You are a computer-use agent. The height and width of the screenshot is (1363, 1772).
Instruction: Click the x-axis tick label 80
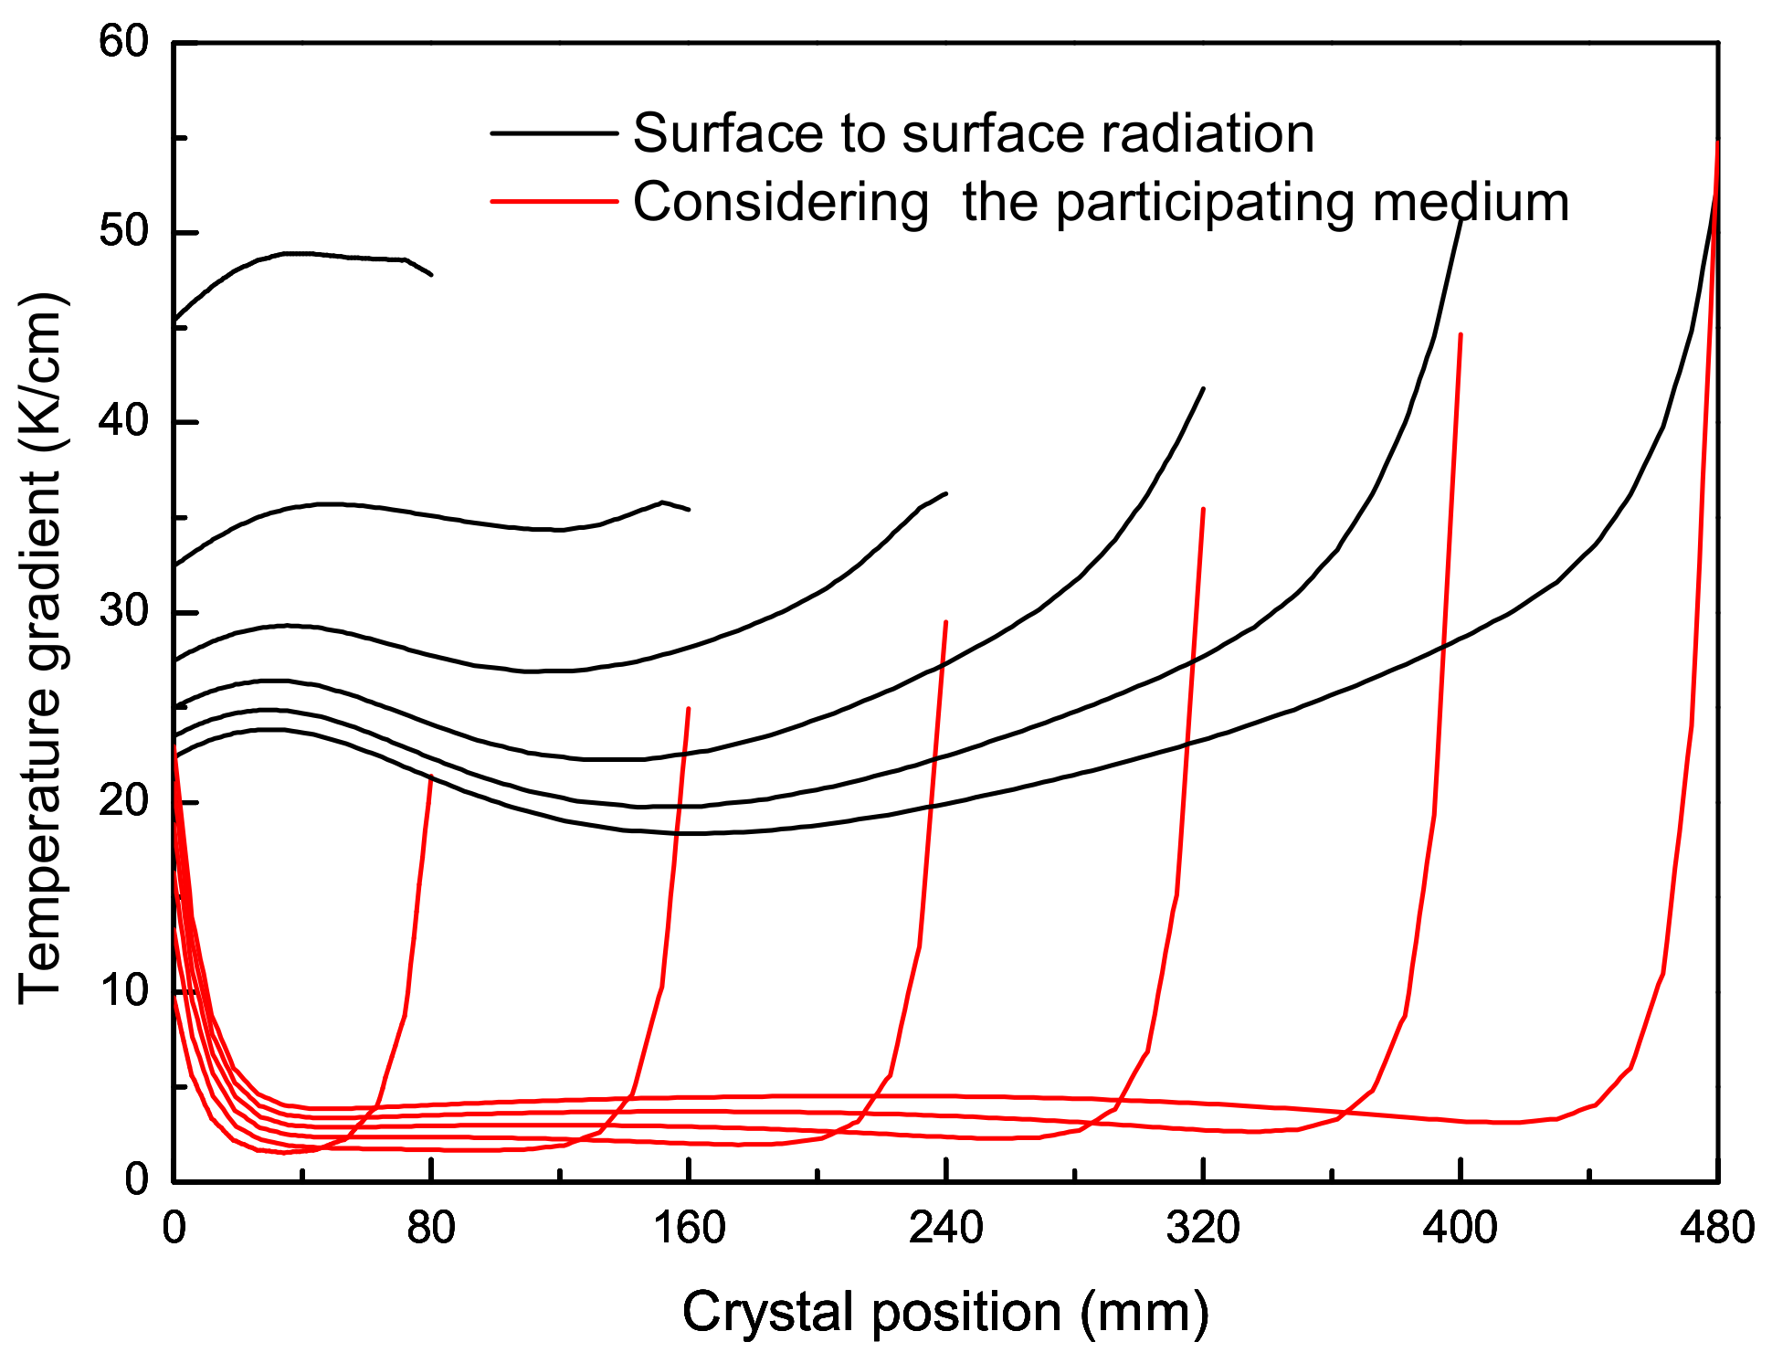point(431,1227)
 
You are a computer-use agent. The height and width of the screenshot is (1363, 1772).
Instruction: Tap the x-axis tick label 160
point(689,1227)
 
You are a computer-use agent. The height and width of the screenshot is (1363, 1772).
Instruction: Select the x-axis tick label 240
point(945,1227)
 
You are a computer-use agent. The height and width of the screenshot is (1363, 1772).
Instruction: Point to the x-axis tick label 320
point(1203,1227)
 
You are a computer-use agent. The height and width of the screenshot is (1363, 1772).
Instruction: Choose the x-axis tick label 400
point(1460,1227)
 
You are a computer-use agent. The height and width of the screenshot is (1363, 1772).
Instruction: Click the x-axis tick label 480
point(1717,1227)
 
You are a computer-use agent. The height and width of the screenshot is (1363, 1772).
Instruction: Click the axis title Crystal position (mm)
point(945,1313)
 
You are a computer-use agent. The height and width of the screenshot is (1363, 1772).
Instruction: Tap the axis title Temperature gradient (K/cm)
point(40,649)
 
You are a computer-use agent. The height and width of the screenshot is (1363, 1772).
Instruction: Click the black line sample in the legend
point(554,133)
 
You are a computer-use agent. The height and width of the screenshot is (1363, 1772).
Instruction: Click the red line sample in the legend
point(554,201)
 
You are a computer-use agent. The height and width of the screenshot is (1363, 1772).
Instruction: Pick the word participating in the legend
point(1204,203)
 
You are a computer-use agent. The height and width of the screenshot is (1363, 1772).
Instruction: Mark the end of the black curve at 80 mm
point(432,274)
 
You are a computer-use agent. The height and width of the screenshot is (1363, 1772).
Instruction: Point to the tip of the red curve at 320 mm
point(1203,509)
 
